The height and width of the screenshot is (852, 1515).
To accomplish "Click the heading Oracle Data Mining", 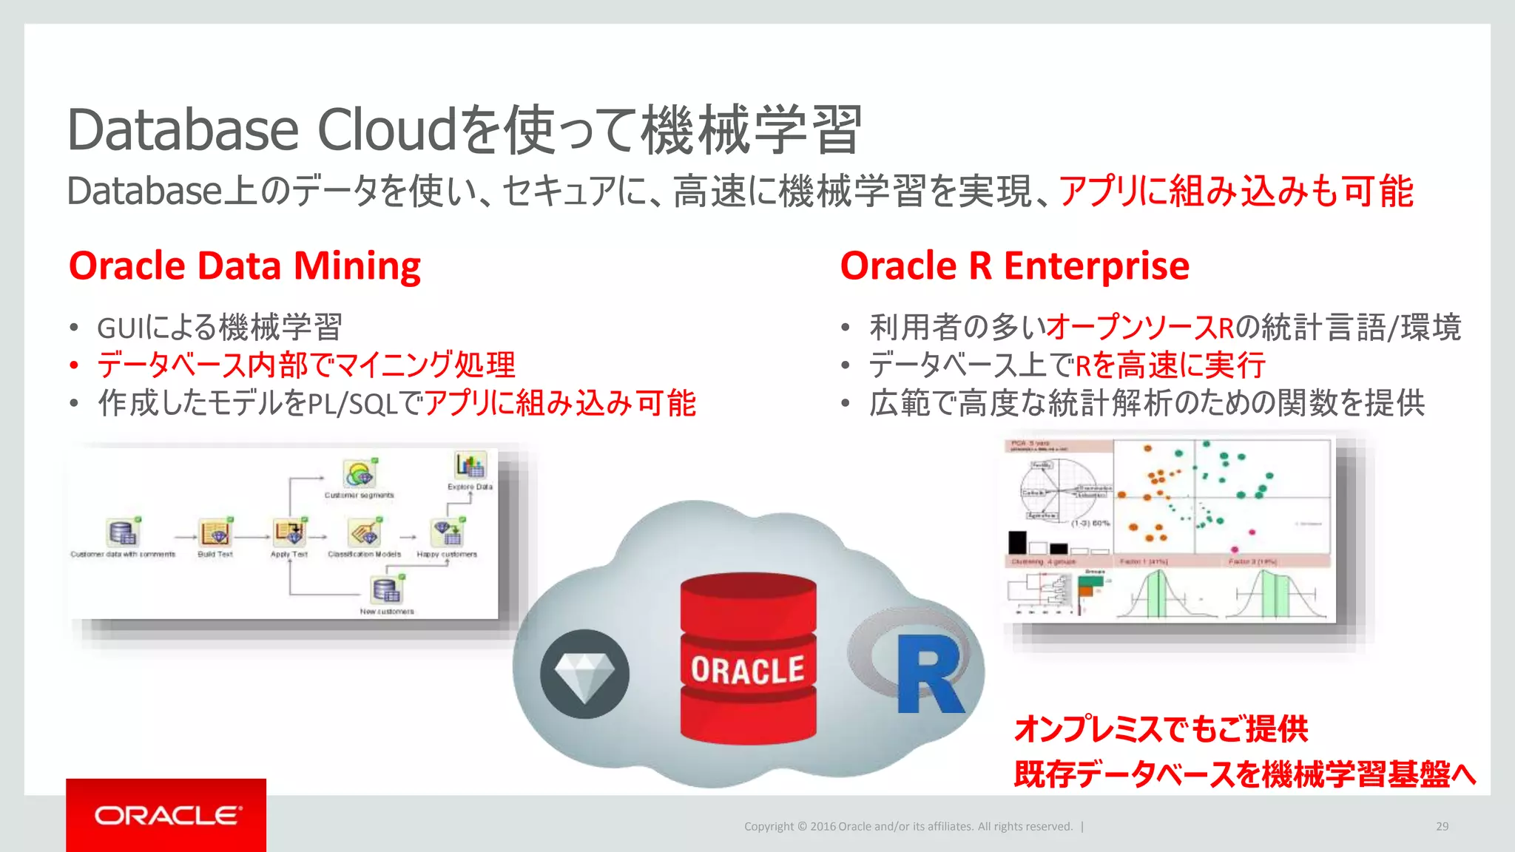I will coord(245,266).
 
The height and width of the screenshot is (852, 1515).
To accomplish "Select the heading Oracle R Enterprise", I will coord(1014,266).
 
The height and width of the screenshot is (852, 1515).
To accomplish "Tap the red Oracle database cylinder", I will coord(748,658).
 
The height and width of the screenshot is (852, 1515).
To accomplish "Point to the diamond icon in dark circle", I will coord(584,674).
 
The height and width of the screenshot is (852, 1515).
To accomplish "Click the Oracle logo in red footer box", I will coord(167,816).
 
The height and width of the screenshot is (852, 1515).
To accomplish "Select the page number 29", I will coord(1442,826).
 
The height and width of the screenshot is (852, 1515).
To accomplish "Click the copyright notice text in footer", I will coord(908,826).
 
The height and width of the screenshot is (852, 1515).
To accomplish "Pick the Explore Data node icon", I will coord(470,466).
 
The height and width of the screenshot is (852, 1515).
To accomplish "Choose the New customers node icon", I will coord(387,590).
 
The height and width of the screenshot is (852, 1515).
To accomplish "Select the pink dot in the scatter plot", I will coord(1252,532).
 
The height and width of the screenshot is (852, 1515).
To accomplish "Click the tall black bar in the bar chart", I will coord(1018,542).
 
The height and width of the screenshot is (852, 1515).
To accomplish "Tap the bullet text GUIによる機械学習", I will coord(220,327).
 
